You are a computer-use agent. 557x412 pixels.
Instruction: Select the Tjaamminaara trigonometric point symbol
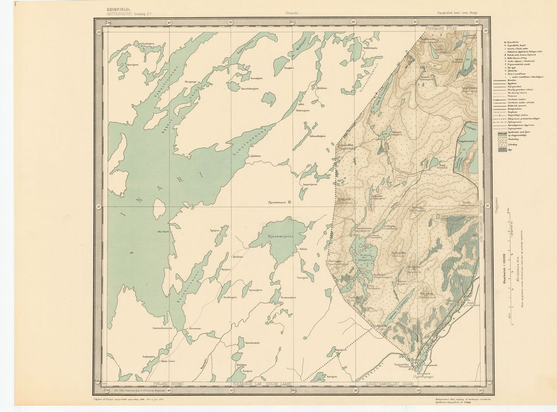290,202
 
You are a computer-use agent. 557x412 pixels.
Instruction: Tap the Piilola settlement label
302,249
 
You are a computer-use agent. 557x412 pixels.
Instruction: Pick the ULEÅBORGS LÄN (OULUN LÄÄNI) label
261,384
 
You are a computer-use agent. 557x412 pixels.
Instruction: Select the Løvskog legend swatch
502,144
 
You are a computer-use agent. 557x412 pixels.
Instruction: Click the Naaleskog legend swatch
502,138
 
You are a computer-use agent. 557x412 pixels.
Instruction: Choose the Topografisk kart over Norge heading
457,13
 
